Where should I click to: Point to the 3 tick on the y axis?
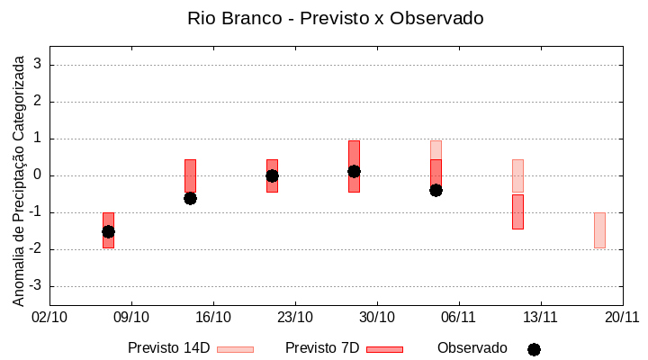[38, 65]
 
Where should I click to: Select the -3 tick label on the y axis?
[34, 286]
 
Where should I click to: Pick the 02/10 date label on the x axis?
[49, 317]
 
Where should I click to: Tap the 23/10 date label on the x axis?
[295, 317]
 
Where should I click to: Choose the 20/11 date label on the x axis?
[622, 317]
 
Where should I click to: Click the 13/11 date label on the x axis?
[540, 317]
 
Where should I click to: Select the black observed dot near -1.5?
[108, 231]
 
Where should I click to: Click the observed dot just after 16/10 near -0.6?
[190, 198]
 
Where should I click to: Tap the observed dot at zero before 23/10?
[272, 175]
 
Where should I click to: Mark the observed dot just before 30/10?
[354, 171]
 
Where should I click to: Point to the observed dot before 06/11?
[436, 190]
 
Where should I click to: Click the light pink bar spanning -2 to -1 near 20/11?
[599, 230]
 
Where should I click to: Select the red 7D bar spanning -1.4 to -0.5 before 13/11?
[517, 211]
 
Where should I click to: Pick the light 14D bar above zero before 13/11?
[517, 175]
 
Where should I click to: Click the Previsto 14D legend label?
[170, 348]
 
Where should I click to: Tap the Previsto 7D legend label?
[322, 348]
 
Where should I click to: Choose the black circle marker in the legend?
[534, 349]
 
